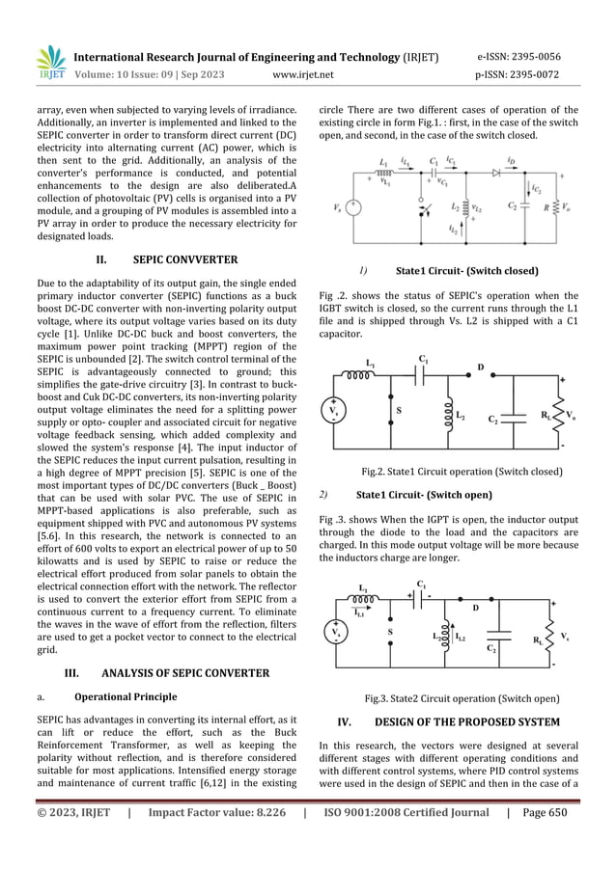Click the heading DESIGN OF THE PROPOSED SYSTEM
[467, 721]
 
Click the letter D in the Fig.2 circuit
[480, 367]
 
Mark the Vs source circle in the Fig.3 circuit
[336, 634]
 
